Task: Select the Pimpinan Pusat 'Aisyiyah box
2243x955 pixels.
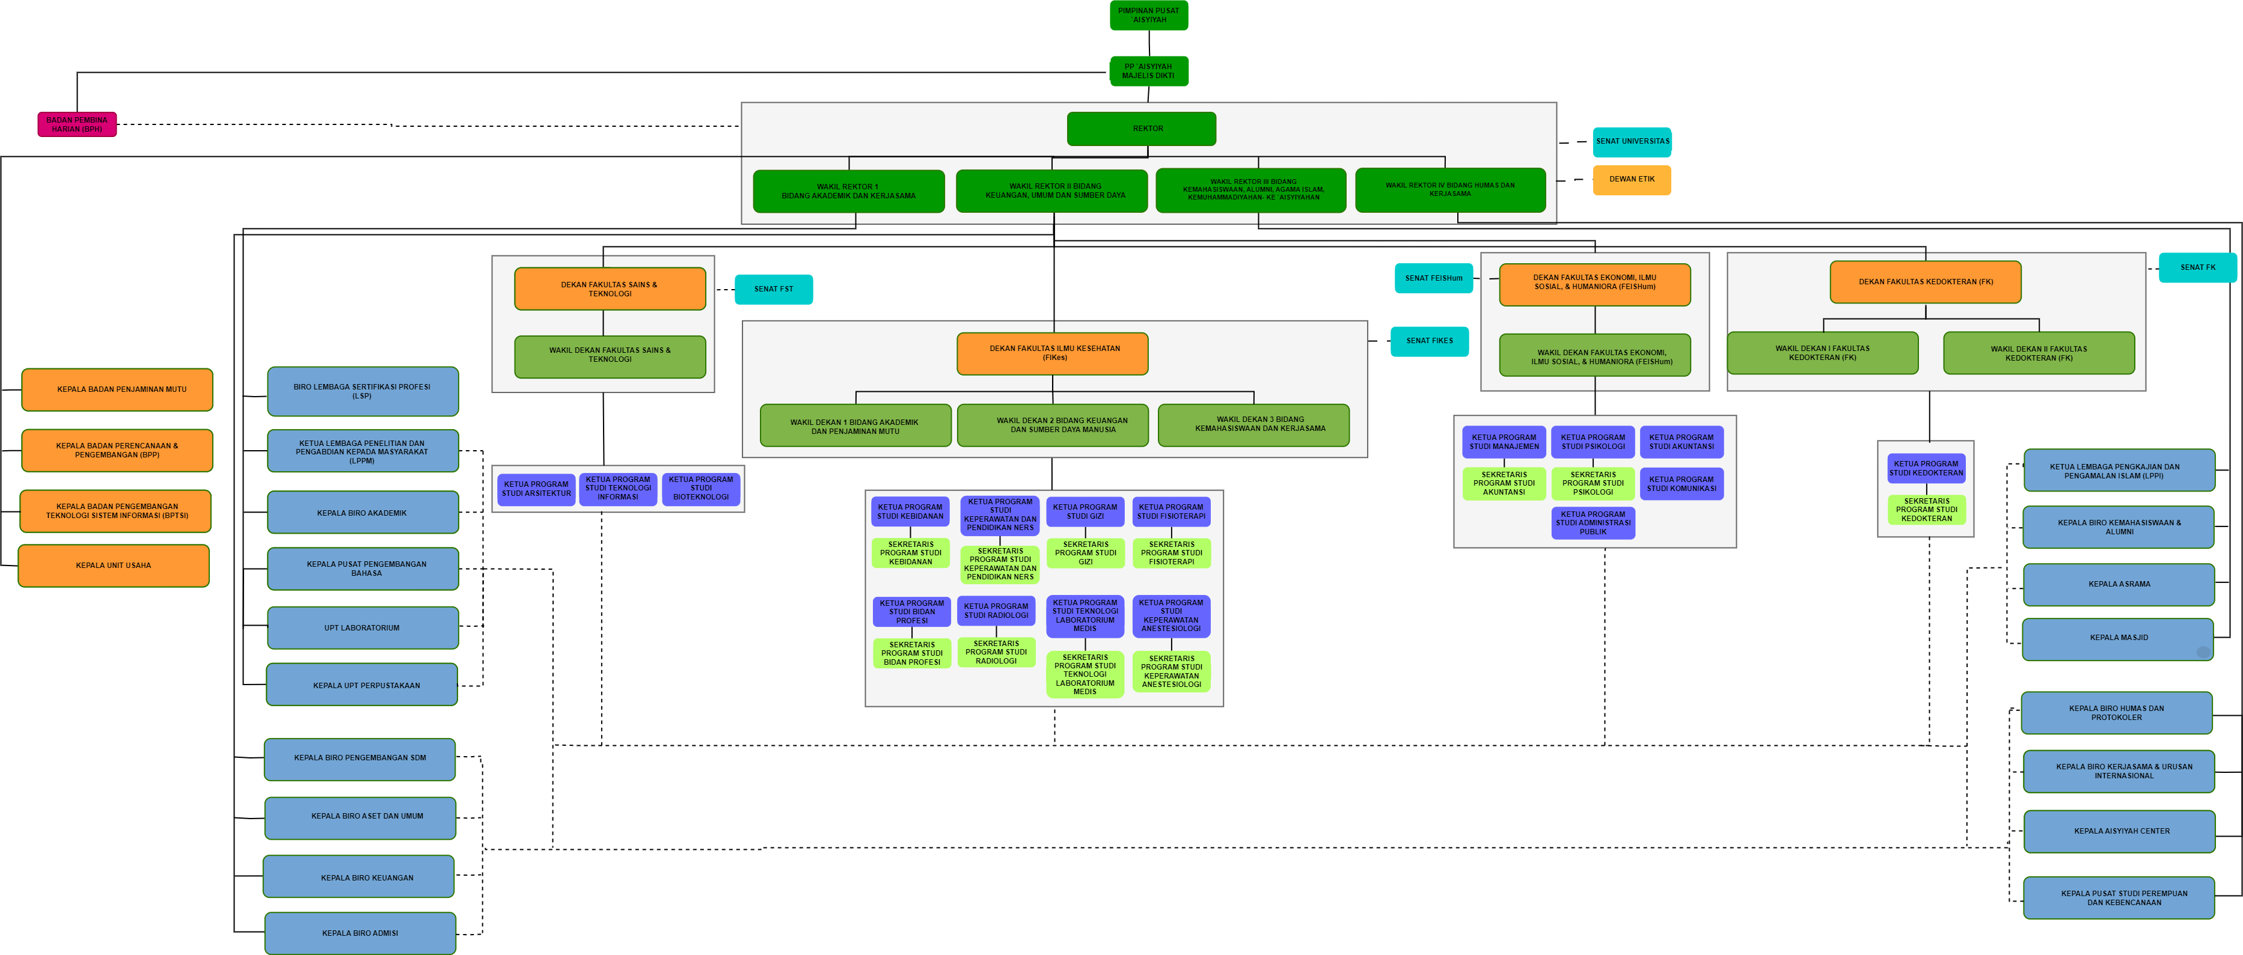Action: click(1148, 16)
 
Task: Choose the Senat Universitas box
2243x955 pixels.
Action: click(1632, 141)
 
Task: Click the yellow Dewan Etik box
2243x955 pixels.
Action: click(1631, 179)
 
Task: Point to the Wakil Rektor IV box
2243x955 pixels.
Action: click(1450, 190)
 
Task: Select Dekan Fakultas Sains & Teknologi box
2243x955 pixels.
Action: click(610, 289)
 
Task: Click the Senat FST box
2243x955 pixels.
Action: click(773, 289)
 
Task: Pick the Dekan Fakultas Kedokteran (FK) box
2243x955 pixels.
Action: click(1925, 282)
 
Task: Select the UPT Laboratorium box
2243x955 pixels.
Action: click(363, 627)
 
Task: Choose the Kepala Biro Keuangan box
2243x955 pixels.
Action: click(359, 877)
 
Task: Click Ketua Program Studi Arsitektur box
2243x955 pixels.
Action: click(536, 489)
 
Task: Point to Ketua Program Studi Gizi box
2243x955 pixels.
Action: click(1085, 512)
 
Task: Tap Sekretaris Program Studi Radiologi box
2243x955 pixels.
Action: click(996, 652)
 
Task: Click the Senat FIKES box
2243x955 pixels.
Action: click(1429, 341)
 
